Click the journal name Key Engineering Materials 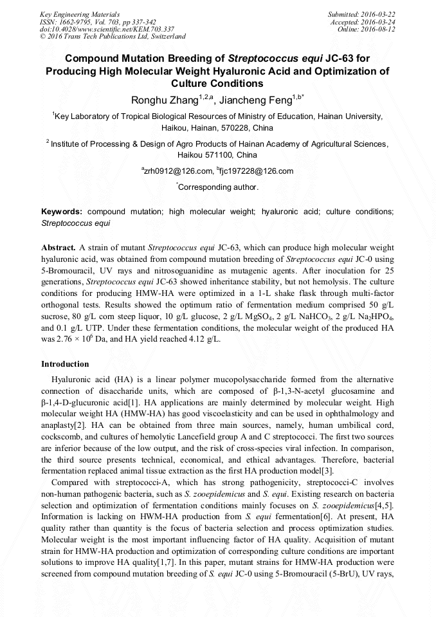[x=80, y=14]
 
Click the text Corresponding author [x=218, y=187]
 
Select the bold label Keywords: [x=62, y=211]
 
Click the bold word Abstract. [x=59, y=247]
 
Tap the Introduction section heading [x=65, y=364]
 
